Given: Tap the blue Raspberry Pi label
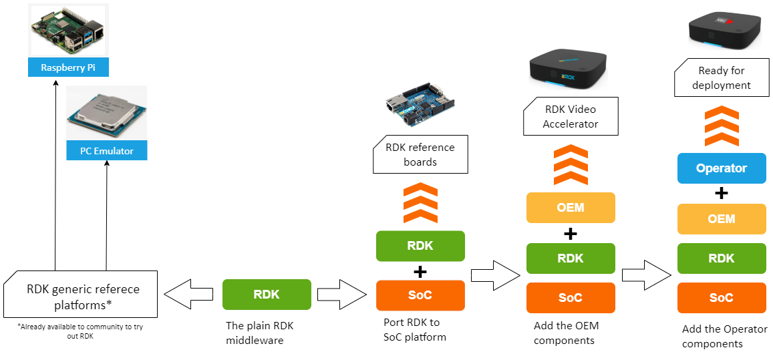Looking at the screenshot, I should tap(68, 67).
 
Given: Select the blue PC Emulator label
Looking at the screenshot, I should tap(106, 151).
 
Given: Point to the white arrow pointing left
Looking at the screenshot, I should tap(188, 295).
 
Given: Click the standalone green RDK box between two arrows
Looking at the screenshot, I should tap(267, 295).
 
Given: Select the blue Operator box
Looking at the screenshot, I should tap(721, 168).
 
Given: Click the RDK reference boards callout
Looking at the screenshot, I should tap(420, 154).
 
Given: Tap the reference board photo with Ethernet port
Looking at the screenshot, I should tap(424, 105).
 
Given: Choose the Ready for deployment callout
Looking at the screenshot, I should tap(721, 77).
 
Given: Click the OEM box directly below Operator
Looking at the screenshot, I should tap(721, 219).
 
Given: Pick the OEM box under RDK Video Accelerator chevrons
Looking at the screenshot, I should tap(570, 208).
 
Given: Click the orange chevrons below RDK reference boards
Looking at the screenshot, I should tap(421, 203).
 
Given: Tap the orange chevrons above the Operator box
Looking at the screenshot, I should tap(721, 128).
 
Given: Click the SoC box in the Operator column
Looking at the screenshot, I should tap(721, 298).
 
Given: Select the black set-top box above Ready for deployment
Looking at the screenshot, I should tap(725, 31).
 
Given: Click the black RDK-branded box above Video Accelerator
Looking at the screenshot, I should tap(568, 69).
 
